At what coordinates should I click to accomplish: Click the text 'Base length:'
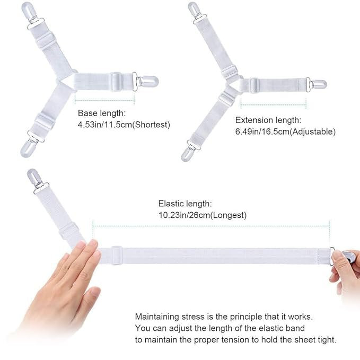pyautogui.click(x=102, y=113)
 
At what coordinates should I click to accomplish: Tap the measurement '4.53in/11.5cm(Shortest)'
pyautogui.click(x=124, y=125)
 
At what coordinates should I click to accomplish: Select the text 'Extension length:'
pyautogui.click(x=268, y=120)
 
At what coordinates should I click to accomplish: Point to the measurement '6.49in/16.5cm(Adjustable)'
pyautogui.click(x=285, y=131)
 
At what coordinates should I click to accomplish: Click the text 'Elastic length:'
pyautogui.click(x=185, y=204)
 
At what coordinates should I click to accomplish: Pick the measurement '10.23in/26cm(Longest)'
pyautogui.click(x=202, y=215)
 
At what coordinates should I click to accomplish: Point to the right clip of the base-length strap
pyautogui.click(x=147, y=80)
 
